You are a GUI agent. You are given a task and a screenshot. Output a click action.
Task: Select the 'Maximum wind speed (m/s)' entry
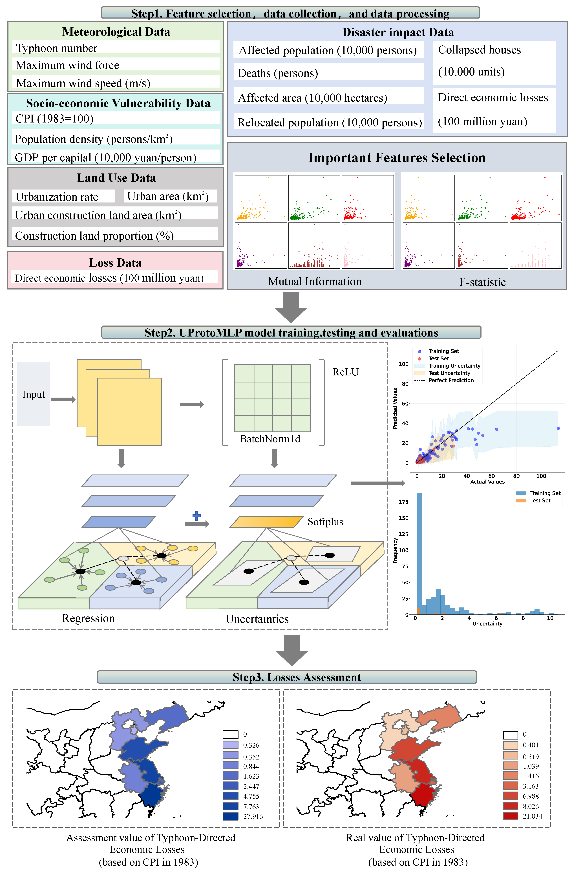(x=83, y=83)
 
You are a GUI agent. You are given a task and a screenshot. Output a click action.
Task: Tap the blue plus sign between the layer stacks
(x=197, y=516)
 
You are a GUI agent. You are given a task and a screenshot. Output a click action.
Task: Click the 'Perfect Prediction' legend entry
(x=451, y=380)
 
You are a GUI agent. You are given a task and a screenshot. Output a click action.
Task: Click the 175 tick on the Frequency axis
(x=404, y=502)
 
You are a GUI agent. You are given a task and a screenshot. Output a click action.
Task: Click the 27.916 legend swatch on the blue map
(x=230, y=816)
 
